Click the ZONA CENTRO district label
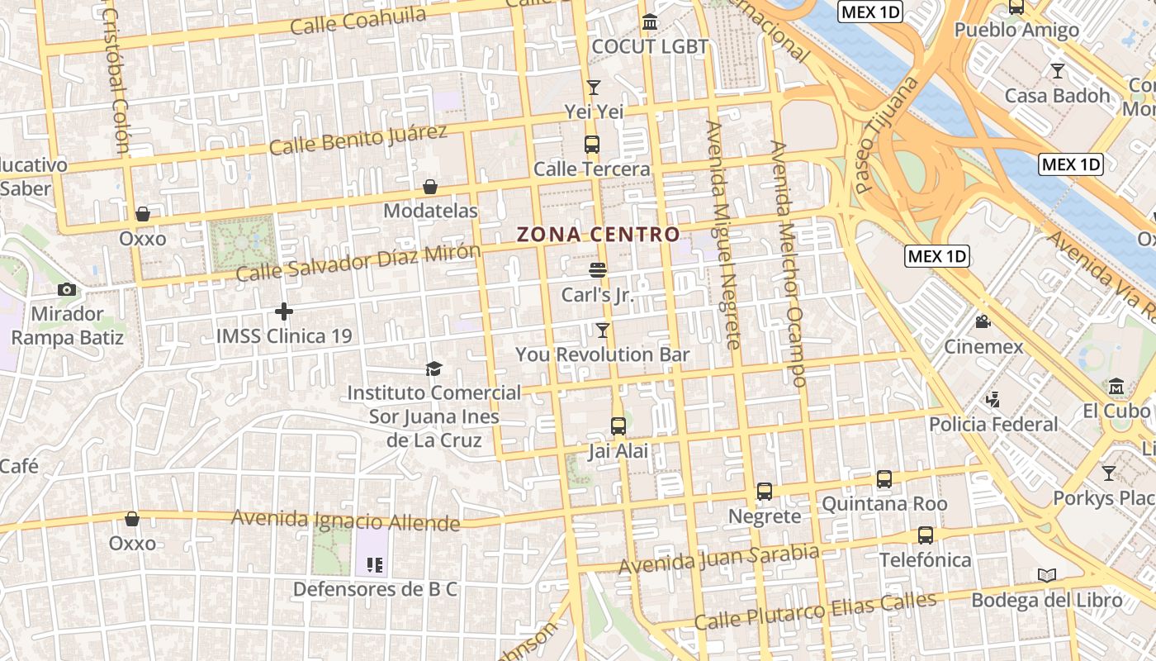tap(598, 235)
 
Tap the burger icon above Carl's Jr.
tap(598, 270)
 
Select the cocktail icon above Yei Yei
tap(594, 87)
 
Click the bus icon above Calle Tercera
tap(592, 145)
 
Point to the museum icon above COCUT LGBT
tap(650, 21)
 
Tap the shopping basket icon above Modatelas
tap(430, 187)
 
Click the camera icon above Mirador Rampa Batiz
tap(67, 289)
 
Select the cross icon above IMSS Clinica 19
tap(284, 311)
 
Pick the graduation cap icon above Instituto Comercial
tap(433, 369)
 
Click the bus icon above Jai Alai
tap(618, 426)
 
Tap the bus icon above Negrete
tap(765, 492)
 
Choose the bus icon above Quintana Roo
tap(884, 479)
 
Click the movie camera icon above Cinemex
tap(983, 321)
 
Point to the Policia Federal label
tap(993, 424)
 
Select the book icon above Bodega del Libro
tap(1047, 575)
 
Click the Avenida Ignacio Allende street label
tap(345, 521)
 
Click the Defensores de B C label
tap(375, 590)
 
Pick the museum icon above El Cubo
tap(1116, 386)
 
